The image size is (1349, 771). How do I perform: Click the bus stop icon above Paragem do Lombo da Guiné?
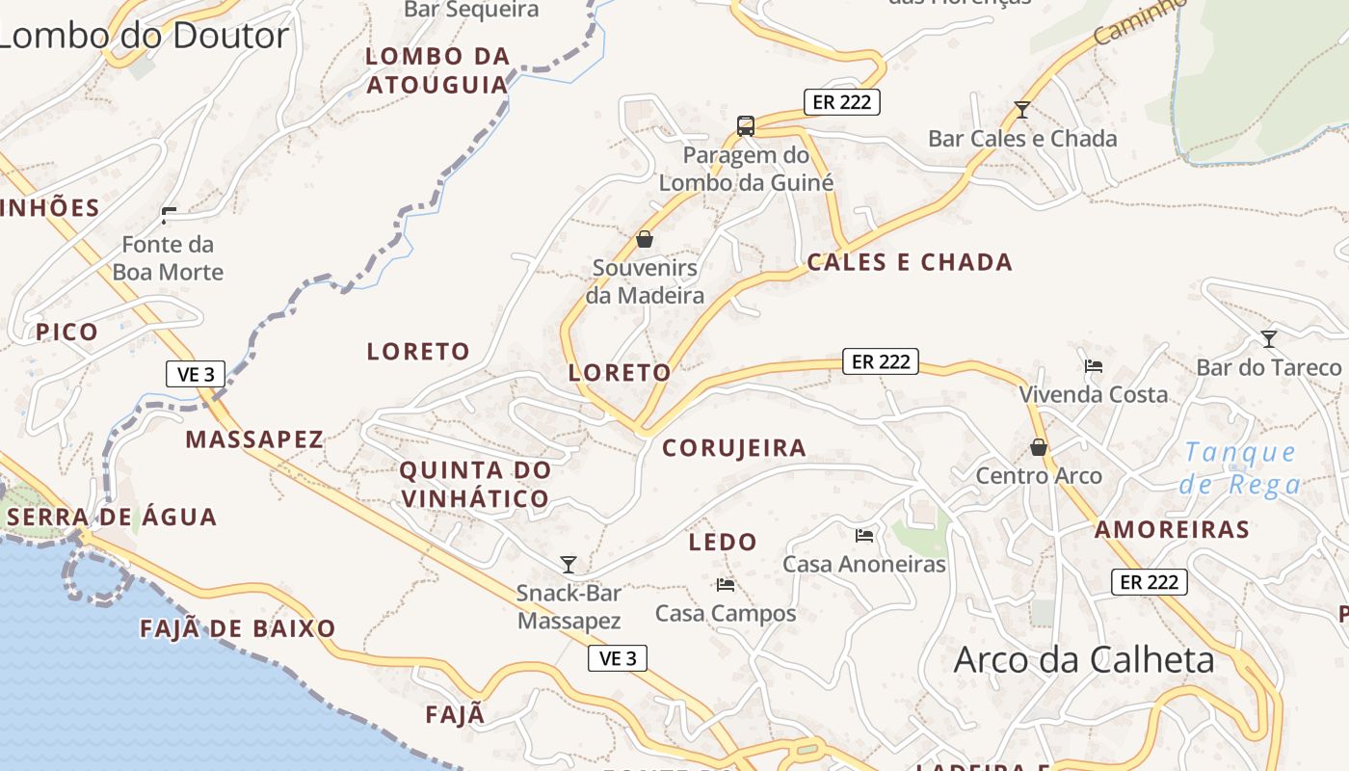[x=746, y=125]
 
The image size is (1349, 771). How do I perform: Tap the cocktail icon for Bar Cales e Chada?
[x=1022, y=110]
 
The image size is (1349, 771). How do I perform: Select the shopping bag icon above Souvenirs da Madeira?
[x=645, y=239]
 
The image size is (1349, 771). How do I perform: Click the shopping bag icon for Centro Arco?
[x=1039, y=447]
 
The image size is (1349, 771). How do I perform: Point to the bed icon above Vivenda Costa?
[x=1094, y=366]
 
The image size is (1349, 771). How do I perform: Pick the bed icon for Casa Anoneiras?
[x=864, y=535]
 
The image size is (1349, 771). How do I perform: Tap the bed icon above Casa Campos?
[x=726, y=585]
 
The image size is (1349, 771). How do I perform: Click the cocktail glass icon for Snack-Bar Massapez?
[x=569, y=564]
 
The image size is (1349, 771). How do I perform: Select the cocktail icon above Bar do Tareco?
[x=1269, y=339]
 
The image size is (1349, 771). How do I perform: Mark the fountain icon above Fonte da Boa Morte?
[x=170, y=215]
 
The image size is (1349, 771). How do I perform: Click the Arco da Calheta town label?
[x=1084, y=660]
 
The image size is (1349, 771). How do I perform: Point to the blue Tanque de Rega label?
[x=1240, y=467]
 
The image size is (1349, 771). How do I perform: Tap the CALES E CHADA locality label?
[x=910, y=262]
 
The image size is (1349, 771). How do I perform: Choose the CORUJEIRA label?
[x=734, y=448]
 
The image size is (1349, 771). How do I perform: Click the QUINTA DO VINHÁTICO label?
[x=475, y=485]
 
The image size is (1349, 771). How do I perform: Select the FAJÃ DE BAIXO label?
[x=238, y=629]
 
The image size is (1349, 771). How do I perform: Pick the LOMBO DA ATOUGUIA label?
[x=437, y=70]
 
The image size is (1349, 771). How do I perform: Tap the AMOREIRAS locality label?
[x=1172, y=529]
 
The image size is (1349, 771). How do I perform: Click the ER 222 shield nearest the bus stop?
[x=842, y=102]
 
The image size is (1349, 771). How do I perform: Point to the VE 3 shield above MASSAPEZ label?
[x=196, y=374]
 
